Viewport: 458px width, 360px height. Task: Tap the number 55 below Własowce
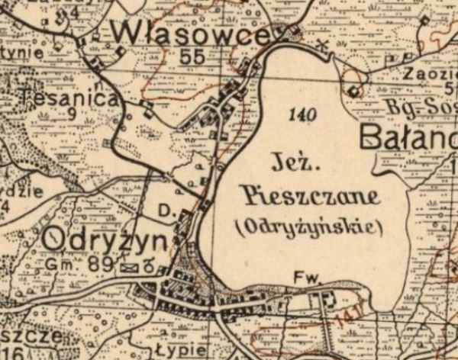click(194, 56)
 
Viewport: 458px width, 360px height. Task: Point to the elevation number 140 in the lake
click(303, 115)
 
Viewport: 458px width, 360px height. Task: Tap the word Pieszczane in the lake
click(309, 197)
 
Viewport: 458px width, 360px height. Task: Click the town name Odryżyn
click(104, 240)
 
